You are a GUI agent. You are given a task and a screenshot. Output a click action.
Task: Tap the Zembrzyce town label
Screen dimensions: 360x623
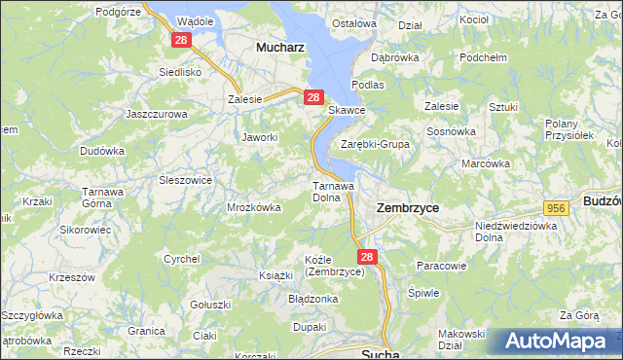point(407,207)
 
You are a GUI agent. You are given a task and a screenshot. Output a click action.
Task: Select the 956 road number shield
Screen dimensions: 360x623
point(556,208)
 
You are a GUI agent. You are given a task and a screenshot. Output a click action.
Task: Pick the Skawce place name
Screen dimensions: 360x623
point(347,110)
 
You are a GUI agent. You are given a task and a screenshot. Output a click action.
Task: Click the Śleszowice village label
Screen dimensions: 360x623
point(185,180)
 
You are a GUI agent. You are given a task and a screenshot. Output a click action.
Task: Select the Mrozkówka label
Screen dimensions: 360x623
point(254,207)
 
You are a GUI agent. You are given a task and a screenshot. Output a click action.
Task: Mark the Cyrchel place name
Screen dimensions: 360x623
point(182,259)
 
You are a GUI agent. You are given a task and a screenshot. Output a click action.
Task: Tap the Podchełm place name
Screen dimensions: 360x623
point(484,57)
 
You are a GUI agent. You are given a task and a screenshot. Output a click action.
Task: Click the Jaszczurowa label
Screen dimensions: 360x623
point(156,113)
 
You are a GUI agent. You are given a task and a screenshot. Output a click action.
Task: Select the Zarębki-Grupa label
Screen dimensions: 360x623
point(375,144)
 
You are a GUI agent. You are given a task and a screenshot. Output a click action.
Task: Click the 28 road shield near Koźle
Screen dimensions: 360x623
point(365,257)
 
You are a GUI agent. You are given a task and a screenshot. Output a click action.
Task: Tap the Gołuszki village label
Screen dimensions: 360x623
point(209,305)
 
